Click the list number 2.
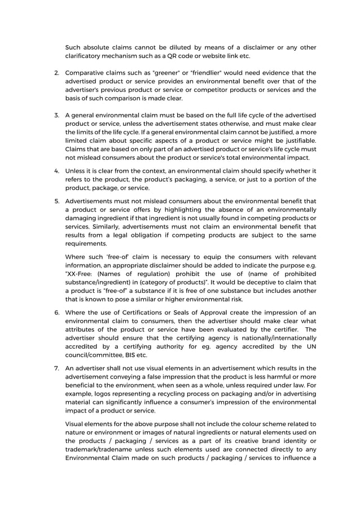coord(56,73)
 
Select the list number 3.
coord(56,115)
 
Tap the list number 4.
coord(56,171)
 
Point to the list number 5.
coord(56,201)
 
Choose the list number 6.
coord(56,312)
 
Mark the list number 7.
coord(56,368)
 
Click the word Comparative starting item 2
coord(86,73)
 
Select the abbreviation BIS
coord(129,356)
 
